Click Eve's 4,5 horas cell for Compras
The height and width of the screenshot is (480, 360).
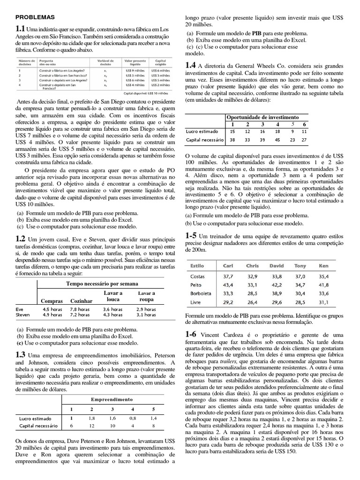(x=52, y=309)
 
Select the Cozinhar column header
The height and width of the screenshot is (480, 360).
(x=81, y=300)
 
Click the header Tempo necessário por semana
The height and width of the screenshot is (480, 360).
(x=102, y=284)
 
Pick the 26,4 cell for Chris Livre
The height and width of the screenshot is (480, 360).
(x=252, y=302)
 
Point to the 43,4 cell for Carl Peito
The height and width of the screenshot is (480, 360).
(x=228, y=285)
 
